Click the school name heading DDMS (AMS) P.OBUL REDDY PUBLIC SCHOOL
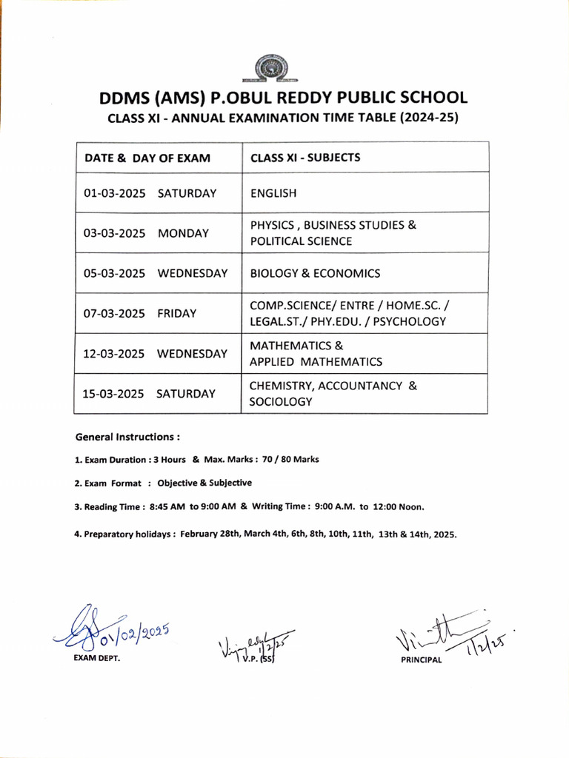pyautogui.click(x=284, y=98)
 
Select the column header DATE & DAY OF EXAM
pyautogui.click(x=147, y=158)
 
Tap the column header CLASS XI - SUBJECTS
pyautogui.click(x=305, y=158)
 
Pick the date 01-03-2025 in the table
pyautogui.click(x=114, y=193)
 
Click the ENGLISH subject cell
pyautogui.click(x=273, y=193)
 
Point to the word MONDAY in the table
pyautogui.click(x=183, y=233)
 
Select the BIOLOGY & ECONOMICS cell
pyautogui.click(x=315, y=273)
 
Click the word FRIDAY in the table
pyautogui.click(x=177, y=313)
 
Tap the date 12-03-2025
pyautogui.click(x=114, y=354)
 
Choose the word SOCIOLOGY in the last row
pyautogui.click(x=281, y=402)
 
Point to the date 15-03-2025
pyautogui.click(x=113, y=394)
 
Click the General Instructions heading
pyautogui.click(x=127, y=437)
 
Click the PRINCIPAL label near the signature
pyautogui.click(x=420, y=660)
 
